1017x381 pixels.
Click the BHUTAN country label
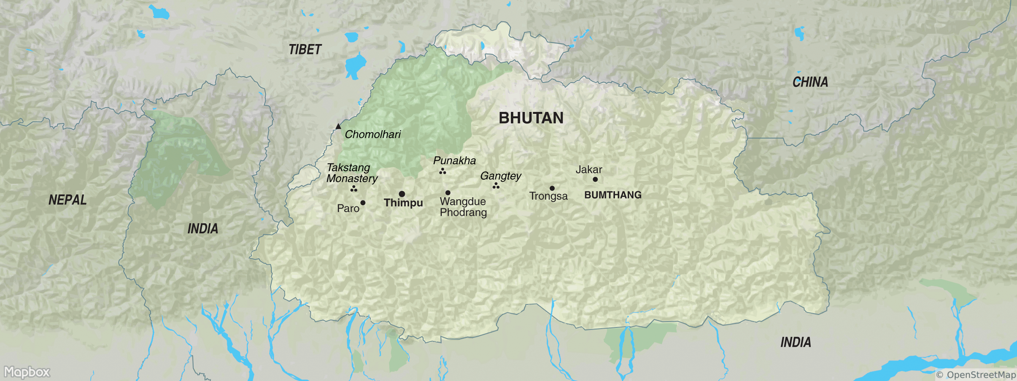[x=531, y=118]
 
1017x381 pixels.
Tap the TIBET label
[x=305, y=50]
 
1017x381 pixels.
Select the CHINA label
[x=810, y=82]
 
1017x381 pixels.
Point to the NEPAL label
[x=67, y=200]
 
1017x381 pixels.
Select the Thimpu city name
[x=403, y=203]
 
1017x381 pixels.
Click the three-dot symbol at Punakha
[x=443, y=171]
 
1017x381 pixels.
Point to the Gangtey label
[x=501, y=176]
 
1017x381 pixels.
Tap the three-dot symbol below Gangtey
[x=496, y=186]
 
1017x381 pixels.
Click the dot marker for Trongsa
[x=552, y=188]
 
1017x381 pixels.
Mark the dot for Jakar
[x=595, y=179]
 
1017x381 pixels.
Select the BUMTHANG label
[x=613, y=195]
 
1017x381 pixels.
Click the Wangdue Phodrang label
[x=463, y=207]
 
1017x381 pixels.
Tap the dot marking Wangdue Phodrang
[x=448, y=192]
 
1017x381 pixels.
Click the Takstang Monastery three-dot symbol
[x=354, y=189]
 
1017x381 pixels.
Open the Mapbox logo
[x=27, y=372]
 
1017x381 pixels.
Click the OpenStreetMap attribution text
[x=975, y=375]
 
